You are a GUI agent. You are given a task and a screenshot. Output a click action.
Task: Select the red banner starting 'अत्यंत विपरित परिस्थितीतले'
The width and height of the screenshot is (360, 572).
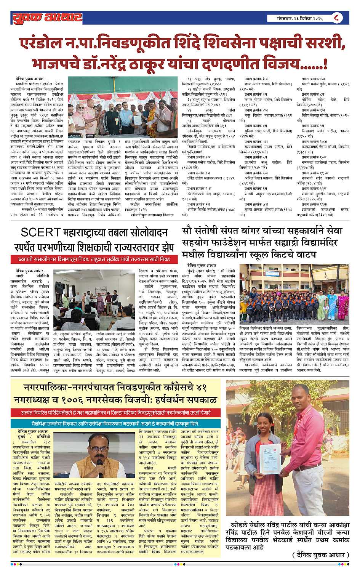[116, 412]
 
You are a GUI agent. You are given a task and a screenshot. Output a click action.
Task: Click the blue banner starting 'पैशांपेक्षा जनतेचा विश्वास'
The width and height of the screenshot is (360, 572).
[116, 423]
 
